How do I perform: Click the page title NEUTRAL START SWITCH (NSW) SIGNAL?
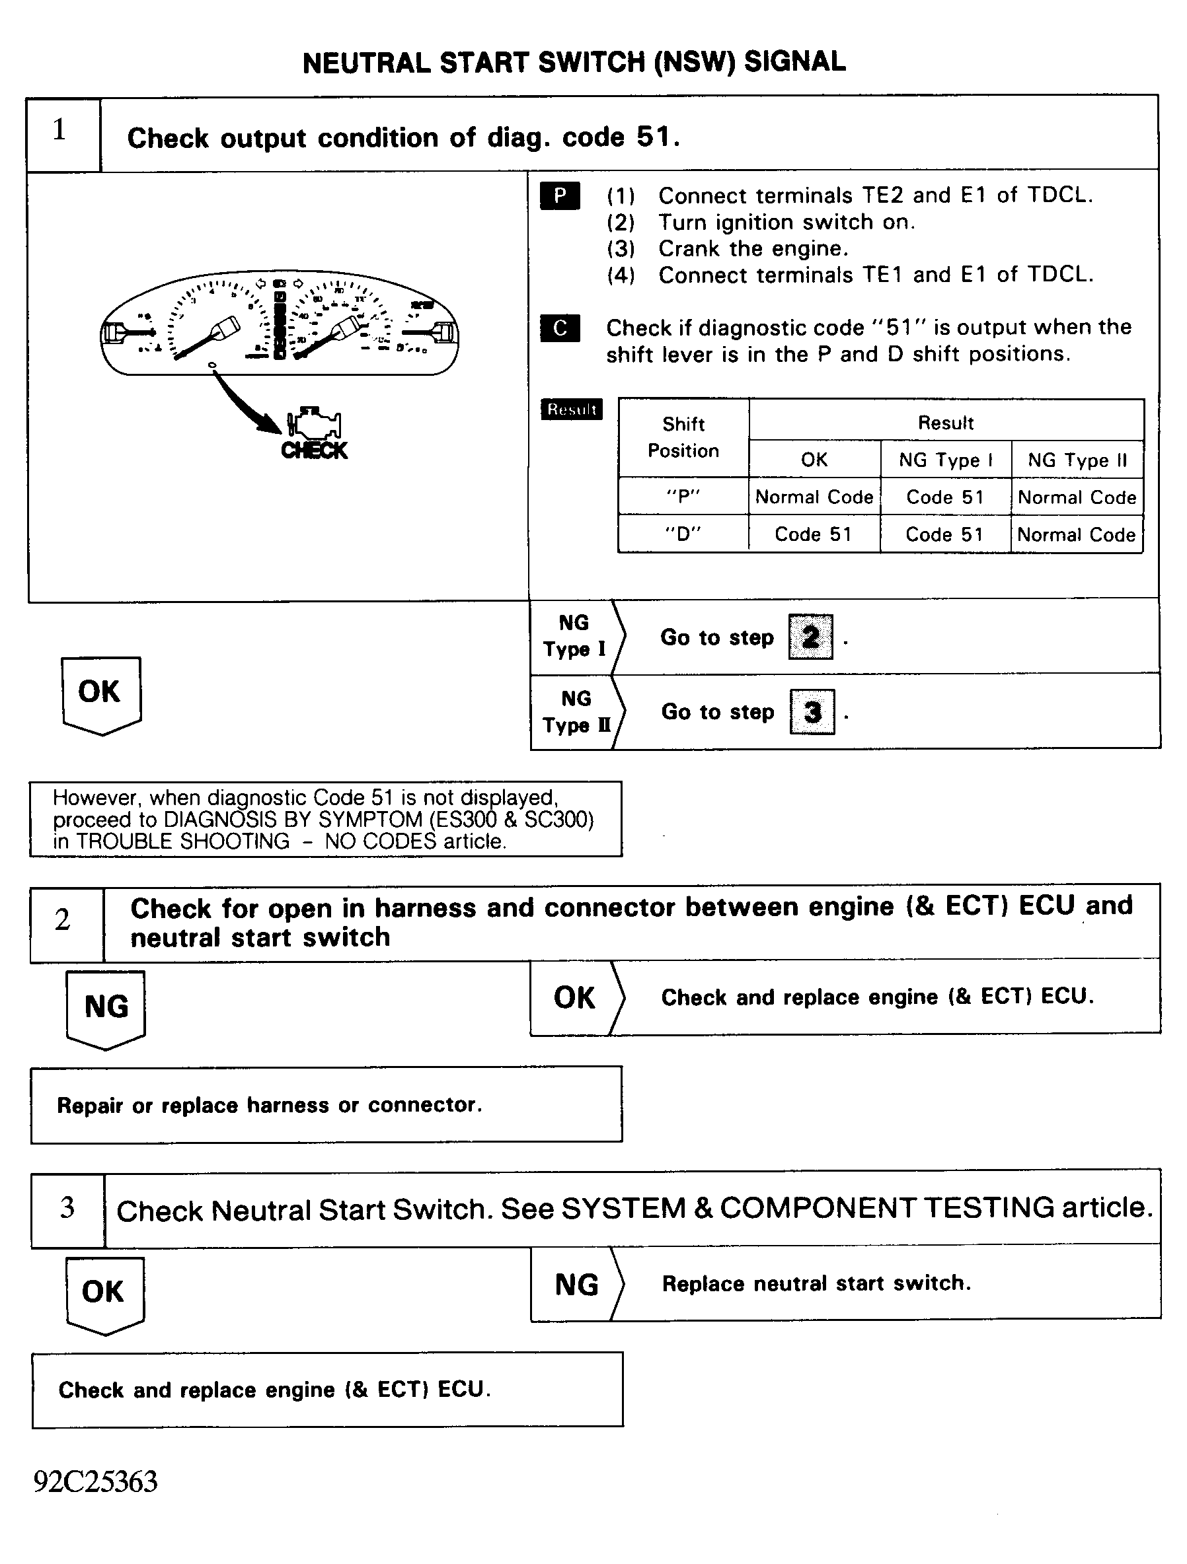[574, 63]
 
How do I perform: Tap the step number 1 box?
[62, 132]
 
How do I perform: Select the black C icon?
[560, 328]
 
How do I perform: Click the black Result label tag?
[572, 409]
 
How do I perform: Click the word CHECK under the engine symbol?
[314, 451]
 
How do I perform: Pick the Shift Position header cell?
[683, 438]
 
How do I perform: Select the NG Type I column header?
[946, 460]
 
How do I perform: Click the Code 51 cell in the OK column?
[814, 534]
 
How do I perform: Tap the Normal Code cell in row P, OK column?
[814, 497]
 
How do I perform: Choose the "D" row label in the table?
[683, 534]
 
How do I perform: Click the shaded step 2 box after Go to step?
[811, 637]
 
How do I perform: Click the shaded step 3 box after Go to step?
[812, 712]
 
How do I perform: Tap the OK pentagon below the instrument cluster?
[100, 693]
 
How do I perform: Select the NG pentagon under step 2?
[106, 1007]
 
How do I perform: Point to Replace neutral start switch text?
[816, 1283]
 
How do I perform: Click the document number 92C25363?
[95, 1481]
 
